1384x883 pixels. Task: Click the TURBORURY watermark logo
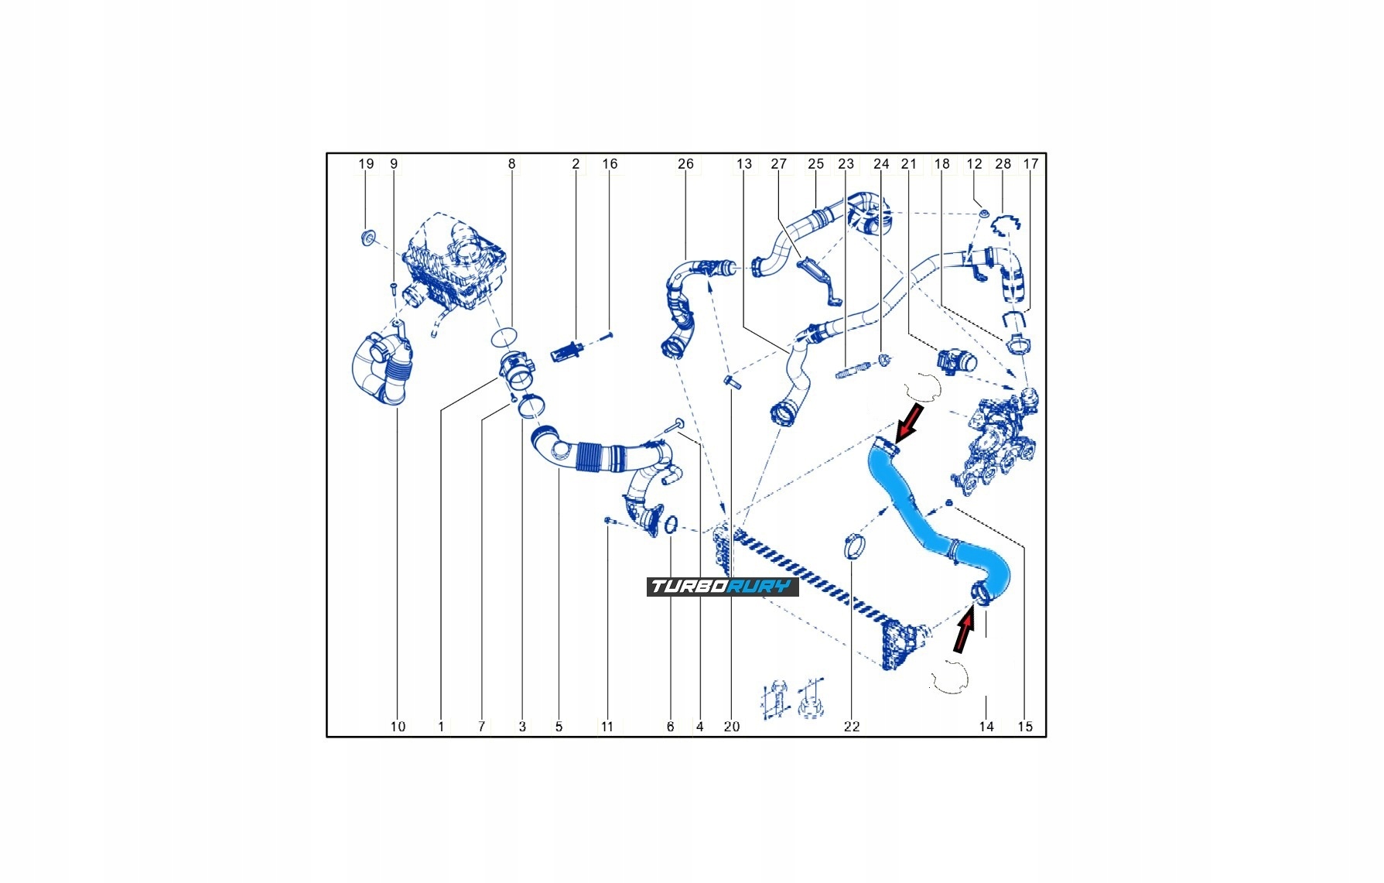point(722,587)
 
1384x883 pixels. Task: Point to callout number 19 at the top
point(366,164)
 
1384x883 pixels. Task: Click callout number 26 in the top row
point(685,164)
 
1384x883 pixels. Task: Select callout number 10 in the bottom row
point(398,727)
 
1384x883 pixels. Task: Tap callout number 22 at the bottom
point(851,727)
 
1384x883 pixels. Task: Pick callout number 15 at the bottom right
point(1025,727)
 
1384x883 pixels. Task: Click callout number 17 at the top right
point(1030,164)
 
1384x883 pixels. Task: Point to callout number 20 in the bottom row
point(731,727)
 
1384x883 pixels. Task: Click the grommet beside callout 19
point(367,237)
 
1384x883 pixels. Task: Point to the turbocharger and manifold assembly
point(998,441)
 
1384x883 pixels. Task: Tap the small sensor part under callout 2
point(566,351)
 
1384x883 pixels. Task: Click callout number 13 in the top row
point(743,164)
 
